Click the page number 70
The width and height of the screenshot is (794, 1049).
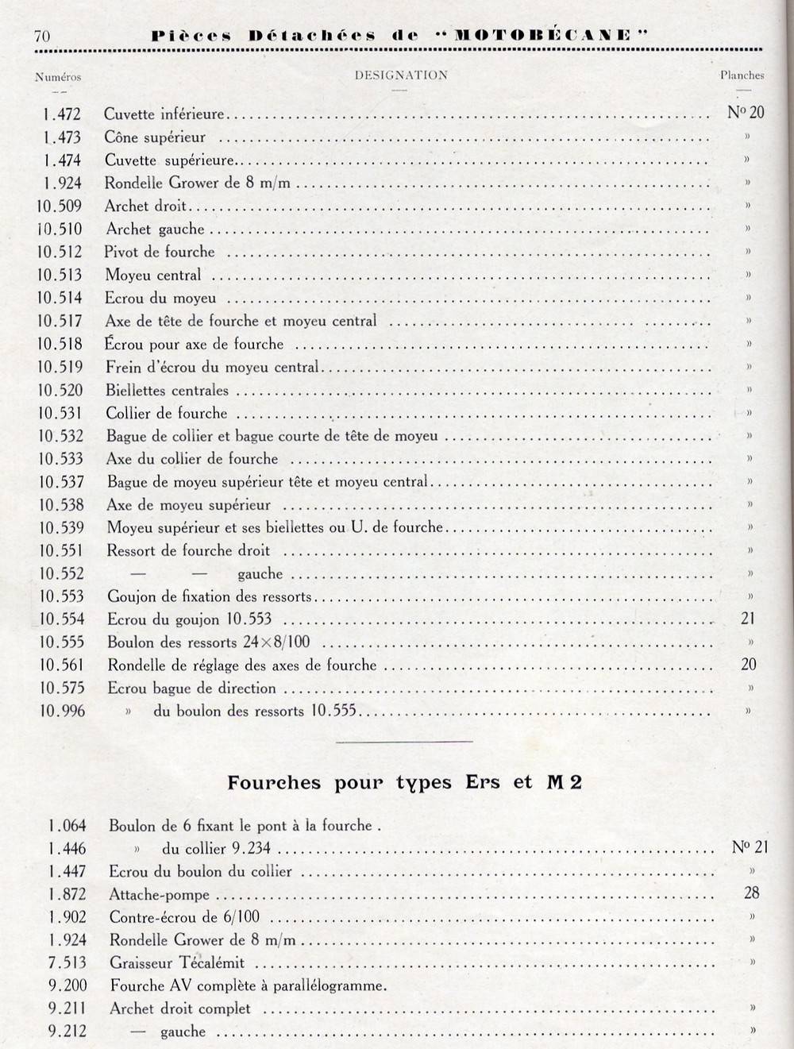42,35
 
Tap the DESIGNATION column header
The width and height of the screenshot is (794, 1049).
401,75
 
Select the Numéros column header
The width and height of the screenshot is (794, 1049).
58,77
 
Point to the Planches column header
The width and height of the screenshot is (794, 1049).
742,75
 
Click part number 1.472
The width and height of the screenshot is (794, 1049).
62,114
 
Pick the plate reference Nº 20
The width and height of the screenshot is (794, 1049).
746,112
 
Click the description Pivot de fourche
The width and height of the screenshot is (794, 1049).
160,252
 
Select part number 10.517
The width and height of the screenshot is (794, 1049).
60,322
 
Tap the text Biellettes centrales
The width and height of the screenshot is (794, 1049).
167,391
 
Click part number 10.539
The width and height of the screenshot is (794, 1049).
60,528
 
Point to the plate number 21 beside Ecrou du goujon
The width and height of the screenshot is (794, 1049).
747,618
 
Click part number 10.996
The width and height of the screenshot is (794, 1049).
61,711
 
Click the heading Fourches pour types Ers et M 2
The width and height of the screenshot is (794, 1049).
404,782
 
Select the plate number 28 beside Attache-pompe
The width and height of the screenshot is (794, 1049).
751,893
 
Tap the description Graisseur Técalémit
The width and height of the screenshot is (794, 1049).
177,963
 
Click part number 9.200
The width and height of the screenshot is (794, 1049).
67,986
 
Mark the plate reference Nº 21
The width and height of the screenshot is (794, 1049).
750,847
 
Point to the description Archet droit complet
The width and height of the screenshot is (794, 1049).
180,1009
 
